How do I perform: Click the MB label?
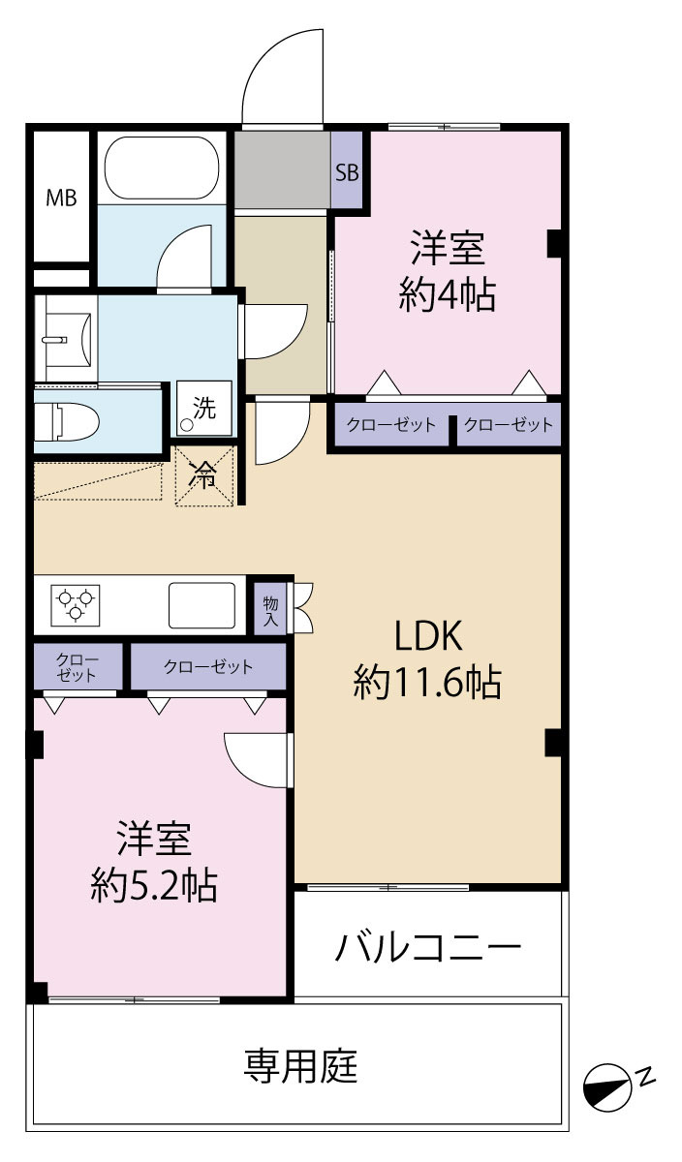(x=61, y=198)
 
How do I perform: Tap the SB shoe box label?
(x=347, y=172)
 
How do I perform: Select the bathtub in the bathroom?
(x=162, y=168)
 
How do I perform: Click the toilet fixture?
(x=67, y=422)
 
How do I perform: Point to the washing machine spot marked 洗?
(x=204, y=409)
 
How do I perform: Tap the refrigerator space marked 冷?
(x=204, y=475)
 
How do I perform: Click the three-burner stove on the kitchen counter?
(x=76, y=605)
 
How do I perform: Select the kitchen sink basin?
(x=201, y=605)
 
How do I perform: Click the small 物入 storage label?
(x=270, y=611)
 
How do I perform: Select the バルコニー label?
(x=427, y=947)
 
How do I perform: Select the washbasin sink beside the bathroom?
(x=67, y=339)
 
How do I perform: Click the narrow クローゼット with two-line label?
(x=77, y=667)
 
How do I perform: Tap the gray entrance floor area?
(x=283, y=169)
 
